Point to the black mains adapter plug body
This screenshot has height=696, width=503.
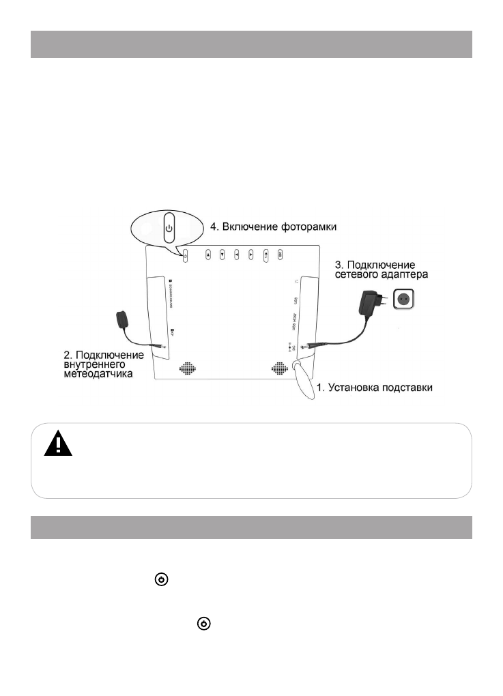[x=371, y=301]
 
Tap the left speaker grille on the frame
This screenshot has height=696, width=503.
[x=188, y=368]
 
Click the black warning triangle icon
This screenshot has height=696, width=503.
[x=58, y=444]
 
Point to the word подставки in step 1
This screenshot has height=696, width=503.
[x=405, y=388]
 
